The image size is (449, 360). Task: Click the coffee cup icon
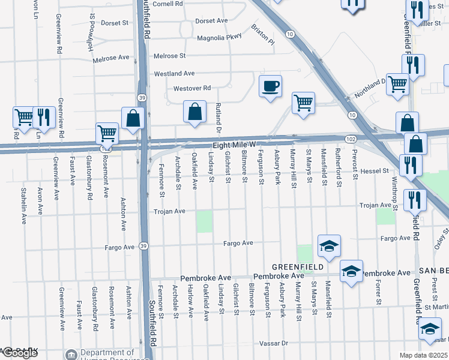click(270, 85)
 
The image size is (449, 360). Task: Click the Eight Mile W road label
click(235, 145)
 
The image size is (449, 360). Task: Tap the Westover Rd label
click(192, 88)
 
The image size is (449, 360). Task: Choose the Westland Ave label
click(175, 73)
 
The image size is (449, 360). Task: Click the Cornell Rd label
click(167, 4)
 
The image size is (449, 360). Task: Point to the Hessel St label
click(377, 171)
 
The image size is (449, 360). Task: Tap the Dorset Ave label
click(211, 20)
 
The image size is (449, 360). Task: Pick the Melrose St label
click(169, 56)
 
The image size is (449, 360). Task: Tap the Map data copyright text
click(424, 355)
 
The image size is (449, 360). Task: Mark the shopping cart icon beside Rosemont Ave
click(107, 133)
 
